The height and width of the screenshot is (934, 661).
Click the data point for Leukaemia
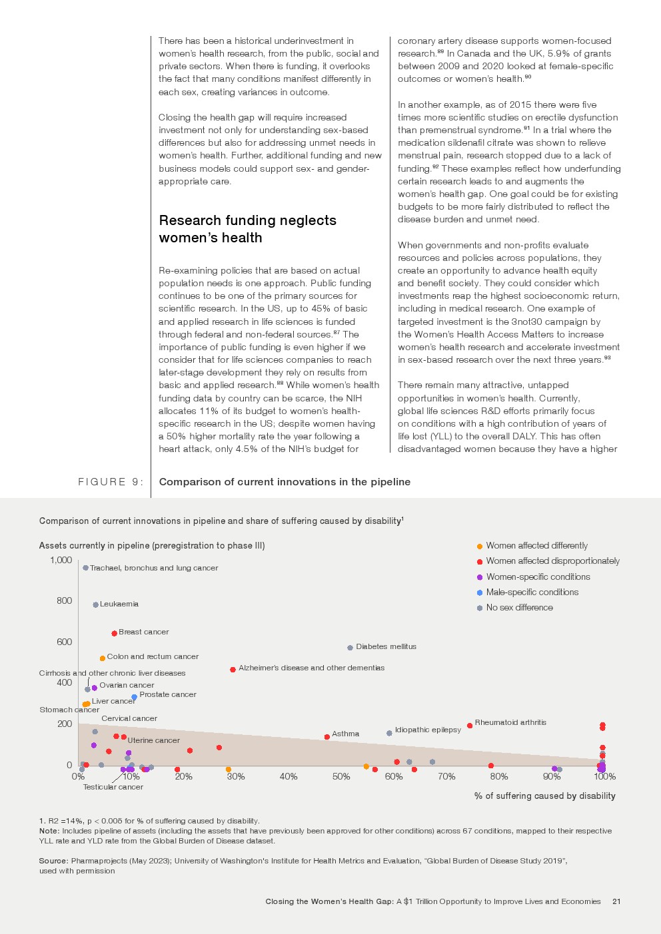96,604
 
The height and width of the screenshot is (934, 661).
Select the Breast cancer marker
115,633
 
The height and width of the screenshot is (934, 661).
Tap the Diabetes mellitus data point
350,648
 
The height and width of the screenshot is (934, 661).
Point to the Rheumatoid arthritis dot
470,726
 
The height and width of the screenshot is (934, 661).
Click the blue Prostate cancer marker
135,697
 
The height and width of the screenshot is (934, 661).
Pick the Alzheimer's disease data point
233,669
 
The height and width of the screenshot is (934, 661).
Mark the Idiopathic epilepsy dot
389,733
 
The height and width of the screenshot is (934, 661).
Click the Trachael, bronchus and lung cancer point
86,568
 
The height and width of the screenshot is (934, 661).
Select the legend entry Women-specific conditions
538,577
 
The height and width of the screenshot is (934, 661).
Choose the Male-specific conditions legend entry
532,592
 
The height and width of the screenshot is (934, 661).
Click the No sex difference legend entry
519,608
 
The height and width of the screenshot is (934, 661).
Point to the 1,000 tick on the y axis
61,560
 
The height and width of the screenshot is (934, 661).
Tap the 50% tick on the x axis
341,777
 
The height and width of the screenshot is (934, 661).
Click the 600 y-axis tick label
65,642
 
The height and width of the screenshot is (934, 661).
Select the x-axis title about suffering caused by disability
544,796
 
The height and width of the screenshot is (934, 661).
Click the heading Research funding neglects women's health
247,229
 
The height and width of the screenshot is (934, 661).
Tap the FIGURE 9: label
111,482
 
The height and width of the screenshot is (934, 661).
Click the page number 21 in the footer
616,901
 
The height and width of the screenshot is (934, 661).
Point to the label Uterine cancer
153,740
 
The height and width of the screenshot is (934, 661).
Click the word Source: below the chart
53,861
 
